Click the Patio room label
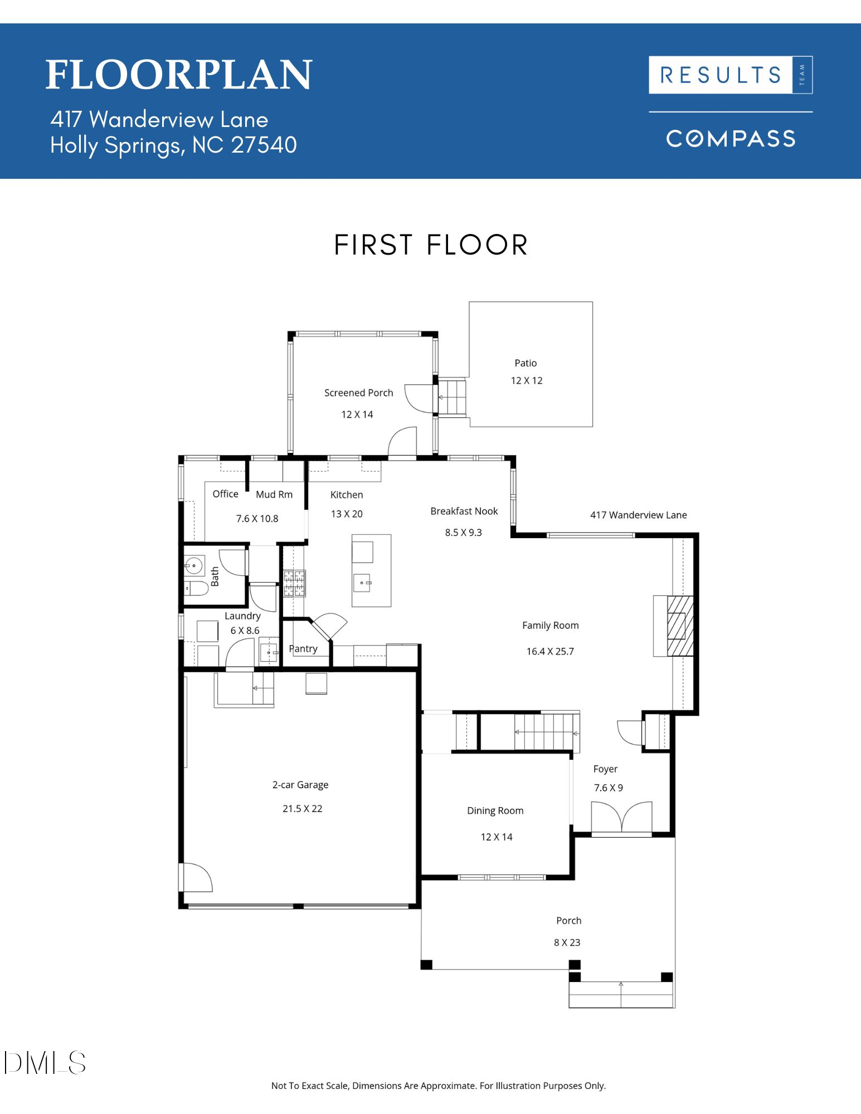(526, 363)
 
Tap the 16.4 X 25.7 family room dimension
(550, 651)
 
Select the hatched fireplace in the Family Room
(680, 626)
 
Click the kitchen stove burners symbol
(295, 583)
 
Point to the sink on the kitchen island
(362, 583)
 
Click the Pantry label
(303, 648)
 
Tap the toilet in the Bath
(196, 588)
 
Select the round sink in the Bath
(193, 566)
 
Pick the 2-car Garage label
(300, 785)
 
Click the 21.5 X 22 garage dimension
(302, 809)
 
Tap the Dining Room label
(495, 810)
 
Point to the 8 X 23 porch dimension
(567, 942)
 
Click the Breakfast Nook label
(464, 511)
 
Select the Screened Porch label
(358, 393)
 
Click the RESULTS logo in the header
(721, 75)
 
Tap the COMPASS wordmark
(731, 139)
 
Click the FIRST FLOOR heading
(431, 245)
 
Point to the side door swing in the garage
(196, 877)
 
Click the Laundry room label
(242, 615)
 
